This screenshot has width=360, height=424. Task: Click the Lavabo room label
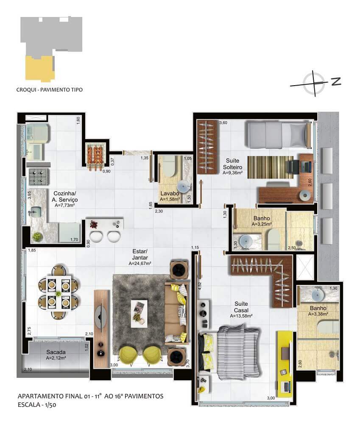coord(170,193)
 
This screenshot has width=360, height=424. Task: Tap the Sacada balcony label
coord(56,352)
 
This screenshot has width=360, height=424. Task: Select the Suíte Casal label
coord(241,307)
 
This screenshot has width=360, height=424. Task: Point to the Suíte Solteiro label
coord(233,164)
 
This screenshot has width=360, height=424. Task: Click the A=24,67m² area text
coord(140,263)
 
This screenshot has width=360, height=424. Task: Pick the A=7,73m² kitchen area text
coord(64,205)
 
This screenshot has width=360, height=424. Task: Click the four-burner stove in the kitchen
coord(39,176)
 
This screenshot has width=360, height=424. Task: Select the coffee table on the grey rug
coord(140,313)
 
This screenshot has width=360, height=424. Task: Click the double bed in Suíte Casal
coord(230,352)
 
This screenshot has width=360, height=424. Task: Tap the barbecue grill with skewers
coord(96,156)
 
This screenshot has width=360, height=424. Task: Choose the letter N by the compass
coord(336,81)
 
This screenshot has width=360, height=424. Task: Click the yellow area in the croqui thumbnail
coord(40,68)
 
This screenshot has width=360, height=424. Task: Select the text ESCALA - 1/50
coord(37,405)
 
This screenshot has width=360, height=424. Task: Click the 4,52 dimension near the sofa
coord(200,286)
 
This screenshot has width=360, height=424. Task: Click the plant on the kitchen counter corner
coord(37,237)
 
